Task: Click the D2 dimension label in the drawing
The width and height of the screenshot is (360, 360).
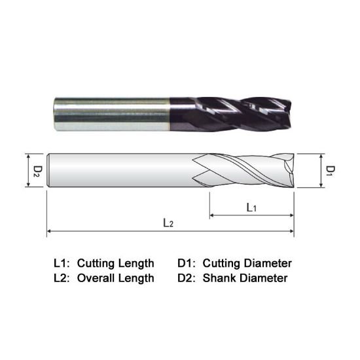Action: click(x=38, y=171)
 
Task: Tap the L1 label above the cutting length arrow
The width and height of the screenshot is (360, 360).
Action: click(x=251, y=207)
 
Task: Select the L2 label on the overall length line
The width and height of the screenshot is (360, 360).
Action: click(x=168, y=223)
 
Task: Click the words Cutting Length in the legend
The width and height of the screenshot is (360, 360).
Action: click(x=116, y=263)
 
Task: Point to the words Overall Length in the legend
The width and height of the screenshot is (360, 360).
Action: click(x=116, y=278)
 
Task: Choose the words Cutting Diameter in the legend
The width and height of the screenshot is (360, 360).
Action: click(x=247, y=263)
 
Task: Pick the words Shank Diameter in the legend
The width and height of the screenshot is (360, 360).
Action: click(x=245, y=278)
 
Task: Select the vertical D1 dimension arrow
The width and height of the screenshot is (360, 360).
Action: click(x=321, y=171)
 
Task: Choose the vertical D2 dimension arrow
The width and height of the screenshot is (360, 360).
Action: click(x=27, y=171)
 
